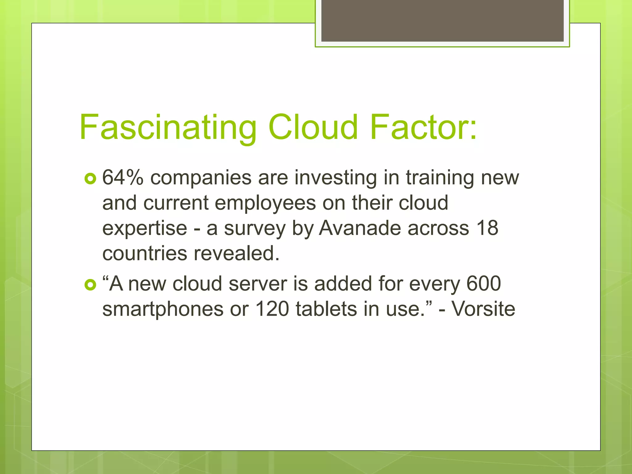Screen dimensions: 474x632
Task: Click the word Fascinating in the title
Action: [x=168, y=127]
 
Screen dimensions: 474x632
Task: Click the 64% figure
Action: [x=123, y=178]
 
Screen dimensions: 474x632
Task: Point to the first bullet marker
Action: [x=90, y=179]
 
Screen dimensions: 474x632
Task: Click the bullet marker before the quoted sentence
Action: [x=90, y=285]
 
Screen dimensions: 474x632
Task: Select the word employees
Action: [x=265, y=204]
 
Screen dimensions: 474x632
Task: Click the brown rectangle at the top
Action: [x=442, y=21]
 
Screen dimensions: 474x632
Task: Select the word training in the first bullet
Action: [x=439, y=178]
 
